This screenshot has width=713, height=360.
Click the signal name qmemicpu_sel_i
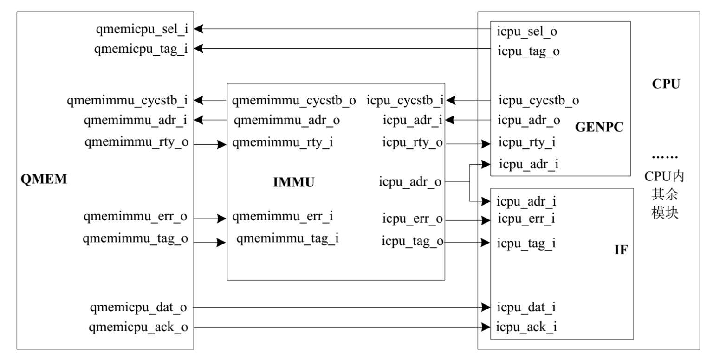142,29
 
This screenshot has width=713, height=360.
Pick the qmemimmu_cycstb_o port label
294,100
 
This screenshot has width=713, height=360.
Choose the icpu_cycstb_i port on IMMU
405,100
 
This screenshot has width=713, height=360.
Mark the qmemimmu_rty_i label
283,142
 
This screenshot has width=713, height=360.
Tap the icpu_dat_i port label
526,307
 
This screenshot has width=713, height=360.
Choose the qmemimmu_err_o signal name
136,217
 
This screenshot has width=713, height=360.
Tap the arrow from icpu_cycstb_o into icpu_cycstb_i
469,100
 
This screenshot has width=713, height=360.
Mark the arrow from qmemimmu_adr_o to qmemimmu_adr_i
210,121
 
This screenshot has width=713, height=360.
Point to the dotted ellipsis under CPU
665,158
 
